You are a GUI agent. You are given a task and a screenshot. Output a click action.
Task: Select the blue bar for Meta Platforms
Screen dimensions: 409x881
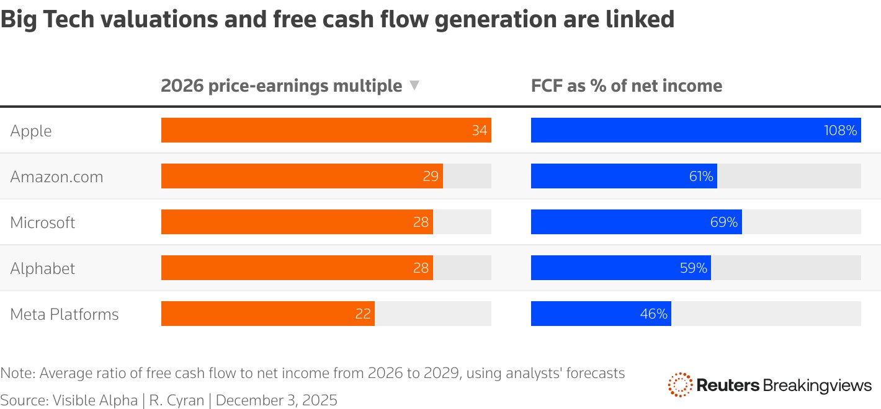601,314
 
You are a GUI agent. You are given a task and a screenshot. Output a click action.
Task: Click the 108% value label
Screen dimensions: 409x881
841,131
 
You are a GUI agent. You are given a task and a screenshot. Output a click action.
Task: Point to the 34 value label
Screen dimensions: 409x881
479,131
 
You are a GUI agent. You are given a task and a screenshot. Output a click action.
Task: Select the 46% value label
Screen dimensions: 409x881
654,314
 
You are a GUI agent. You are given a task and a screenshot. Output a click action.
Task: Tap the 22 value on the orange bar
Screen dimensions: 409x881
363,314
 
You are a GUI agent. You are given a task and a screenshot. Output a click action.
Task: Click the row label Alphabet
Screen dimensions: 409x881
42,268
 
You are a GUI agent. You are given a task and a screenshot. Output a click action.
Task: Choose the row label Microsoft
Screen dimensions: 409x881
42,222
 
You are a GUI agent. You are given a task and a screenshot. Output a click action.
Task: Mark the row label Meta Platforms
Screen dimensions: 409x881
64,314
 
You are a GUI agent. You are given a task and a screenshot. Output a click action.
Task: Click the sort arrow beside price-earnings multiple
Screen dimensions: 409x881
414,86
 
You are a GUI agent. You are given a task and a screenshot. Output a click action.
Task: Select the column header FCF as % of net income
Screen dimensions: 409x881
627,86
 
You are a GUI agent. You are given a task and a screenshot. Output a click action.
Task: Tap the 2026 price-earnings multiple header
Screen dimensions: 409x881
281,86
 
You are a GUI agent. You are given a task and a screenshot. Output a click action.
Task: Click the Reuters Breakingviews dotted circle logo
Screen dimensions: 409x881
680,385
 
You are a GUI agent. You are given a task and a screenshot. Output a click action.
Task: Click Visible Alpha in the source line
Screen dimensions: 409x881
95,400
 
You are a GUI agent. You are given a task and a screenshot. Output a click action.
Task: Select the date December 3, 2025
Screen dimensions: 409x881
276,400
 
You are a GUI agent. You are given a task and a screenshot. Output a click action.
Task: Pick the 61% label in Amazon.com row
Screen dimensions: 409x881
701,177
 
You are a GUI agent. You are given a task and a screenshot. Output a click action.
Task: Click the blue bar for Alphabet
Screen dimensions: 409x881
620,268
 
